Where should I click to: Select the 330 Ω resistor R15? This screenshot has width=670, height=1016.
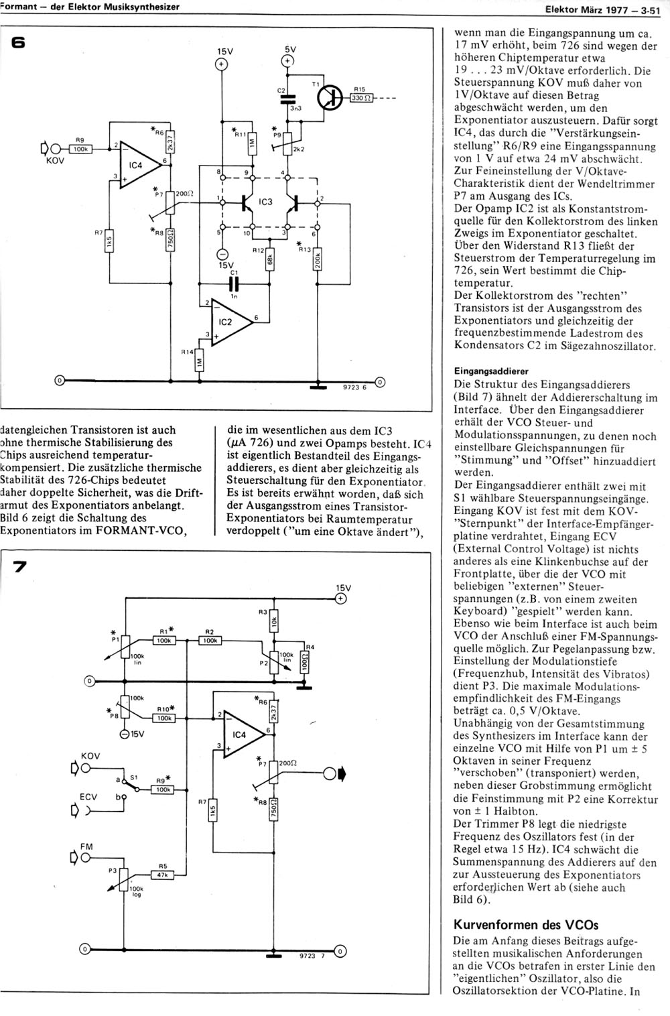click(x=361, y=98)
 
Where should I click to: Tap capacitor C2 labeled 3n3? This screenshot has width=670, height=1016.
click(x=287, y=99)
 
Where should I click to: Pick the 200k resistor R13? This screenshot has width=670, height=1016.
click(x=318, y=259)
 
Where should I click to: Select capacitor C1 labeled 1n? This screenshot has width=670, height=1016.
click(x=234, y=284)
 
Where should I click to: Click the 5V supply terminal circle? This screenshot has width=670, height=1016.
click(x=287, y=60)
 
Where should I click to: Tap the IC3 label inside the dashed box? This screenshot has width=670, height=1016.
click(x=265, y=201)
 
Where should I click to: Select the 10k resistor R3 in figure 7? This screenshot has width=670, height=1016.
click(x=274, y=621)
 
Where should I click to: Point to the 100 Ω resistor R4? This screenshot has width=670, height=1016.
click(x=304, y=662)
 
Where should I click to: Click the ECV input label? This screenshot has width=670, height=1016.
click(x=88, y=796)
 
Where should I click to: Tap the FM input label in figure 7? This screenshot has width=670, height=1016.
click(x=86, y=846)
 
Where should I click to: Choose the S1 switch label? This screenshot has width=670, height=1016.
click(x=134, y=777)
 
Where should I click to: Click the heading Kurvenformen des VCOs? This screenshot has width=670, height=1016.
click(x=526, y=924)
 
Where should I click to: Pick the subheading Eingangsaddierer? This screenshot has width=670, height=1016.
click(x=491, y=371)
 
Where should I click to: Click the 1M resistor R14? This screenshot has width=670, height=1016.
click(x=200, y=361)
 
